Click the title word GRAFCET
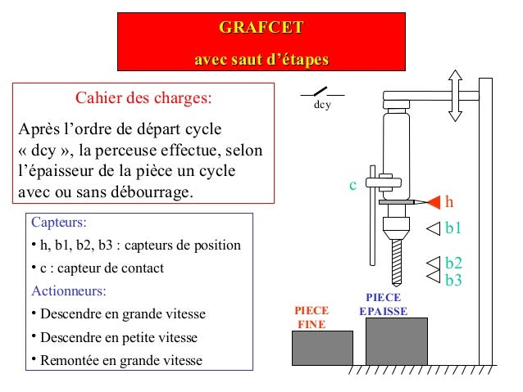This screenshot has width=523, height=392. pos(261,29)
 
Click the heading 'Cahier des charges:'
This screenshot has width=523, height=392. pos(143,99)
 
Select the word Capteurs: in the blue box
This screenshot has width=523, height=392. pos(58,222)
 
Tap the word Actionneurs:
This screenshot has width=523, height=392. pos(68,291)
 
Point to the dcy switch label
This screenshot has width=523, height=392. pos(322,105)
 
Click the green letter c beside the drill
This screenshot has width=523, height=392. pos(352,186)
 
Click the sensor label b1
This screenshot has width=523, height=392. pos(453,228)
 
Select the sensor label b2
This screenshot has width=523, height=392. pos(453,263)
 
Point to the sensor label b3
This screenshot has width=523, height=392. pos(453,280)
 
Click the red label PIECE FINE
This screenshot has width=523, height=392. pos(312,318)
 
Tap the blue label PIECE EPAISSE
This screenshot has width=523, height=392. pos(383,304)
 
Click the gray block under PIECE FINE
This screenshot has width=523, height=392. pos(322,348)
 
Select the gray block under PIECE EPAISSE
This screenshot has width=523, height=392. pos(396,341)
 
